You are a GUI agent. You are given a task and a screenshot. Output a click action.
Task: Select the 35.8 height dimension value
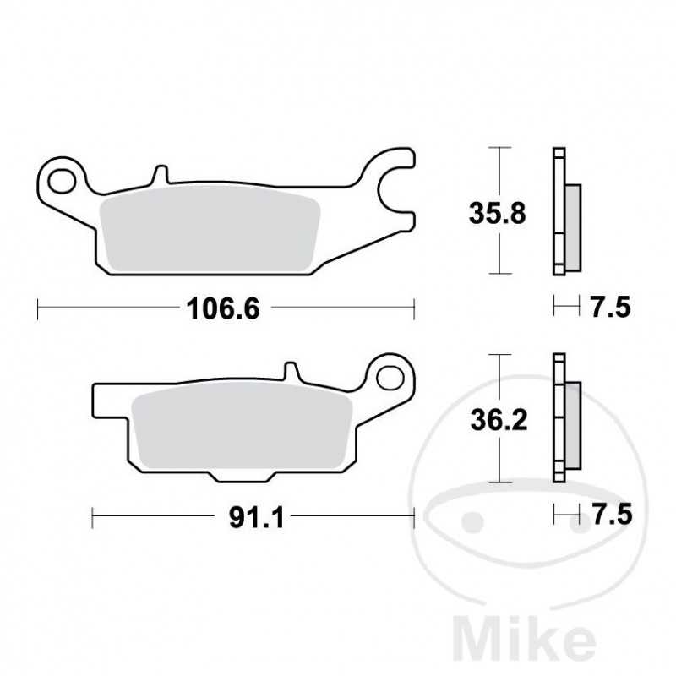click(498, 213)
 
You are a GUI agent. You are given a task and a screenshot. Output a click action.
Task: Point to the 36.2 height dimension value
click(498, 419)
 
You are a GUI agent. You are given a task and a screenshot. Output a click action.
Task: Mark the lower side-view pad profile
click(564, 419)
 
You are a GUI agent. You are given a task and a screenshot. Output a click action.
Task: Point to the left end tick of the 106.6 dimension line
click(39, 309)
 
